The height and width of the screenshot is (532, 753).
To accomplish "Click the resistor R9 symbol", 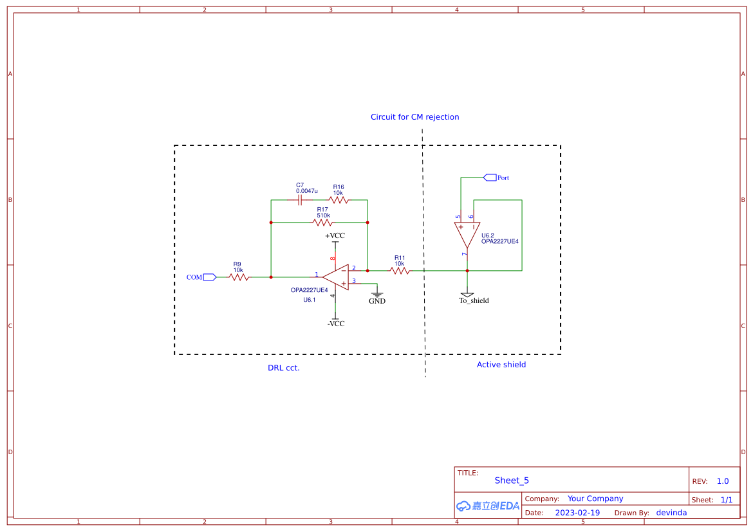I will [x=238, y=277].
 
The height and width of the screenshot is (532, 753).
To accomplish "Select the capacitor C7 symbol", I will [x=300, y=200].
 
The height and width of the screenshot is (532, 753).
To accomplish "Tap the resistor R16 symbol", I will [x=339, y=200].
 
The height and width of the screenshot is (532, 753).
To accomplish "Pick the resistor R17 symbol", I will [x=322, y=223].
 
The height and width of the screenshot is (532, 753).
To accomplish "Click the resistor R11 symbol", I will [x=400, y=271].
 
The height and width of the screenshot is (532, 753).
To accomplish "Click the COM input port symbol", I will [x=209, y=277].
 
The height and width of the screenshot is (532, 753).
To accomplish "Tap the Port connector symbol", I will [x=490, y=177].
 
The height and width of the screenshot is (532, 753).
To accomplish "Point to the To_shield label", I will [x=474, y=300].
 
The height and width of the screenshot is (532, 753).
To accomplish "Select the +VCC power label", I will [x=335, y=236].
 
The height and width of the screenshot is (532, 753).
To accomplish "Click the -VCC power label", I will [x=335, y=324].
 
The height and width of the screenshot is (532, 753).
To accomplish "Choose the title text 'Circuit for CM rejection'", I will [x=415, y=117].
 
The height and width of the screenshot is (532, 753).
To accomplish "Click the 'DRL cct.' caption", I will [x=284, y=368].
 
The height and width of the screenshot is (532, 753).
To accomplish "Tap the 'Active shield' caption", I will [x=501, y=365].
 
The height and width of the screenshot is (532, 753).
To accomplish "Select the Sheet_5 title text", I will [x=512, y=481].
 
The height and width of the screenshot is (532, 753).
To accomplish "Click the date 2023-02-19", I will [x=577, y=513].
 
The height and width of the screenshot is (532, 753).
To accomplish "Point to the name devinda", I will [x=671, y=513].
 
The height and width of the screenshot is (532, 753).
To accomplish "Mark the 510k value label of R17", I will [x=323, y=216].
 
